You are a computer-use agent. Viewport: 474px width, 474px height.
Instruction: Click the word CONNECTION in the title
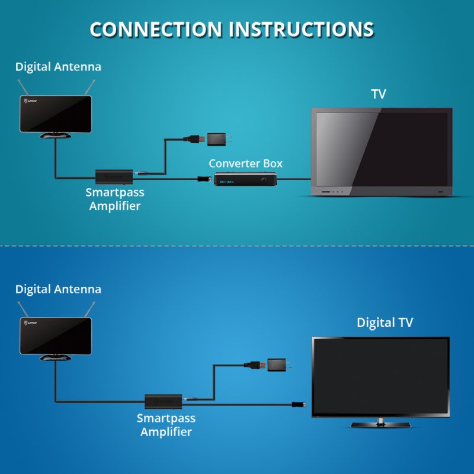(156, 30)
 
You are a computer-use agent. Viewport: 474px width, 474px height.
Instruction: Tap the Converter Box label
(245, 163)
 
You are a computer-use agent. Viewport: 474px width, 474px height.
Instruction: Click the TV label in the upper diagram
(379, 94)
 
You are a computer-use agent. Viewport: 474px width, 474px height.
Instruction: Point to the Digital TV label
(385, 323)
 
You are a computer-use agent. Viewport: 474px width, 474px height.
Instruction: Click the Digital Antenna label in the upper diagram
(58, 67)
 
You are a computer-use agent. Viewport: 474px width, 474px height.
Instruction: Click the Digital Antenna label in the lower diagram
(58, 290)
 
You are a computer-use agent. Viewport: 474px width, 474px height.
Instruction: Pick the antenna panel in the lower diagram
(55, 336)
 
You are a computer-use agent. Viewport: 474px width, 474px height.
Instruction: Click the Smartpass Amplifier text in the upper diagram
(115, 199)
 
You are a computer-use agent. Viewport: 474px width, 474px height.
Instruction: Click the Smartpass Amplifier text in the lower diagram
(166, 425)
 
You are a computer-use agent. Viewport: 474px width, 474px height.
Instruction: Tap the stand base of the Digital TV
(380, 423)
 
